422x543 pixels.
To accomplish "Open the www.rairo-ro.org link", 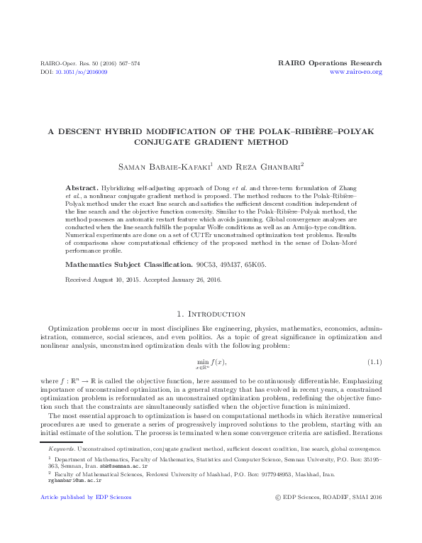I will [356, 72].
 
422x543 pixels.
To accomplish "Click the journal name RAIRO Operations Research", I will [331, 63].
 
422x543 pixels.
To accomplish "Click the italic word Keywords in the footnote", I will [62, 449].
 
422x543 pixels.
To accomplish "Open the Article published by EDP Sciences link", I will [86, 497].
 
